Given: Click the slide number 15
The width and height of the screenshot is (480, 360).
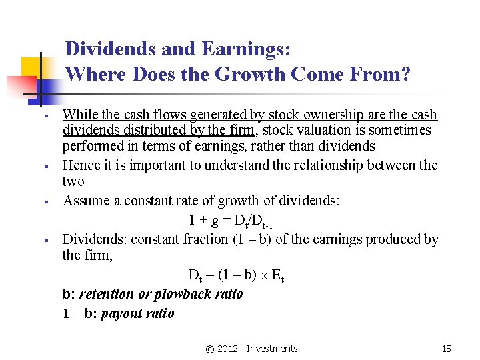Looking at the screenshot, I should (447, 349).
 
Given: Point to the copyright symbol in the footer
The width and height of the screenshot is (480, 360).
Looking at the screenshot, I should (210, 349).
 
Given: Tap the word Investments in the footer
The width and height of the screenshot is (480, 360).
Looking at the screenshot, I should (272, 349).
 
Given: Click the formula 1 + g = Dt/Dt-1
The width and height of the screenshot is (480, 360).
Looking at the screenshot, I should (231, 221).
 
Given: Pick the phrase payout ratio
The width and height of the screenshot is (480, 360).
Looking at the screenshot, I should (137, 313).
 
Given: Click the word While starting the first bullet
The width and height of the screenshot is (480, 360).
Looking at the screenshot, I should (79, 115).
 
